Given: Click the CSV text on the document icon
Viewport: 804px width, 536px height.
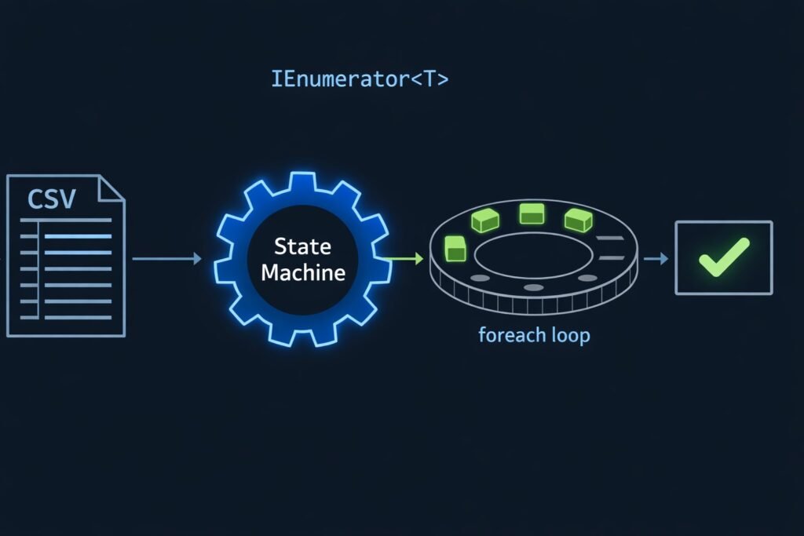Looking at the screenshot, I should [51, 199].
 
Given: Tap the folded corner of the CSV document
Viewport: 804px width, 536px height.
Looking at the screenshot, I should [111, 188].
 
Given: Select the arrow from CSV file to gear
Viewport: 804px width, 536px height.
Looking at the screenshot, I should [166, 257].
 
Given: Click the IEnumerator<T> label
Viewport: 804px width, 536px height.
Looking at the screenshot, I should [360, 79].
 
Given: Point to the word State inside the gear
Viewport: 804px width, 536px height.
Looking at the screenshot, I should [302, 247].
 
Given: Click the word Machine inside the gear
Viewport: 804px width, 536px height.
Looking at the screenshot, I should [302, 273].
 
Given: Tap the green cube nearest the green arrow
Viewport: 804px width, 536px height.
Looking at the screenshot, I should [455, 247].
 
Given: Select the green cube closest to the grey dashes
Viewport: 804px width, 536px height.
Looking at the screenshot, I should [578, 220].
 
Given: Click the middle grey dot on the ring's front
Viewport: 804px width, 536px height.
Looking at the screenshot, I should [533, 288].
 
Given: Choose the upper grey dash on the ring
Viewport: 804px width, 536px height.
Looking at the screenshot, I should [608, 238].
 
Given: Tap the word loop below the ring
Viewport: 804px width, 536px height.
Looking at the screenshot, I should [571, 336].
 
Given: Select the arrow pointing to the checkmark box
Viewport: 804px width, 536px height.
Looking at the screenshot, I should [656, 257].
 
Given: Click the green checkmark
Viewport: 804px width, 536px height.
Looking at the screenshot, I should [723, 257].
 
